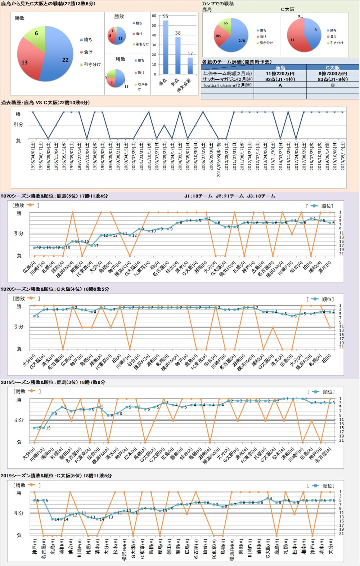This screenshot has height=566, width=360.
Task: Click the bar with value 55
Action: point(166,47)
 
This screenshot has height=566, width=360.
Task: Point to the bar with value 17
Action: point(190,65)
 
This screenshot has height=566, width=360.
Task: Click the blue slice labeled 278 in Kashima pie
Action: point(239,38)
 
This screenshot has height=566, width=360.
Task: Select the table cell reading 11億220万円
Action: point(280,73)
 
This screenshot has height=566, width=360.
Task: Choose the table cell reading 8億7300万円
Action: point(333,73)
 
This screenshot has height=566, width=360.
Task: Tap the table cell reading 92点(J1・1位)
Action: point(280,79)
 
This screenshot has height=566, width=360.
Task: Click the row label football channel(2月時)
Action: point(227,85)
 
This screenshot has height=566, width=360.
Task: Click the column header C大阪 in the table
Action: point(333,67)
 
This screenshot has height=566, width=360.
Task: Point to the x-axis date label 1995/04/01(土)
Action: point(33,155)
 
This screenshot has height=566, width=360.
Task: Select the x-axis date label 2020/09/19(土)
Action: point(342,155)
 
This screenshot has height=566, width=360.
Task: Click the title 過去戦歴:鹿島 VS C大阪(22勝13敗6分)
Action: point(45,103)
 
